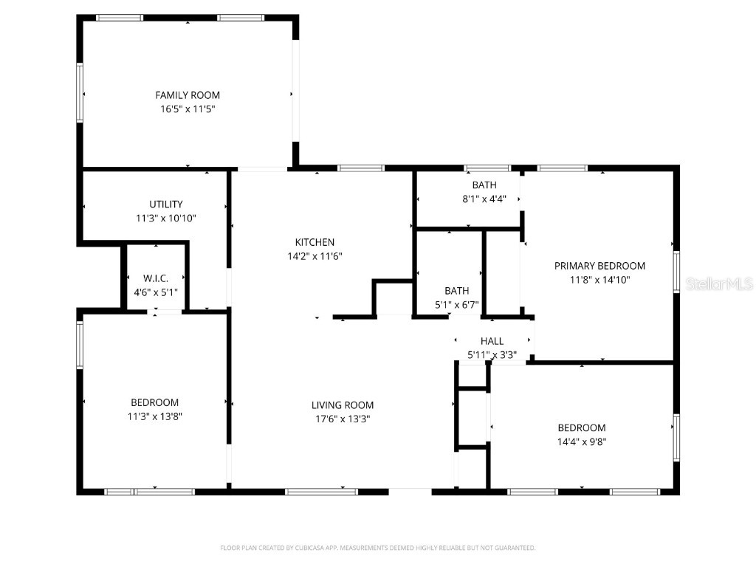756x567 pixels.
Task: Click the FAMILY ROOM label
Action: [x=188, y=95]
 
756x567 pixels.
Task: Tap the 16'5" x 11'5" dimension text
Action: [x=188, y=109]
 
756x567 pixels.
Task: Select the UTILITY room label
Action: [x=165, y=205]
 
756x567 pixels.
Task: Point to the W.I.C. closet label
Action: [x=156, y=278]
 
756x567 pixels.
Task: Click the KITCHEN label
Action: [x=315, y=242]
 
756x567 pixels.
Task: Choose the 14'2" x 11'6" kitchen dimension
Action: [x=315, y=256]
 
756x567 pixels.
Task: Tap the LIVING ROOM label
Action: [x=343, y=405]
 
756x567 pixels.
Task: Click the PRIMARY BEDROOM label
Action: [x=599, y=266]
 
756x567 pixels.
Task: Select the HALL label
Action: [x=492, y=341]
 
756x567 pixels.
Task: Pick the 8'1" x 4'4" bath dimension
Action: [x=484, y=199]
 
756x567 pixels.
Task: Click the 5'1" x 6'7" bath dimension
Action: [x=457, y=304]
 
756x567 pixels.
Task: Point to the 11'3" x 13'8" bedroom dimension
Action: [x=155, y=416]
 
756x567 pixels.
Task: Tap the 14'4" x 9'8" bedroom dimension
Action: [x=582, y=441]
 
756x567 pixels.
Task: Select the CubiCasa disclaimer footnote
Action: [x=378, y=548]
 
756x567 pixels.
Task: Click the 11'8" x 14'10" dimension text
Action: [x=599, y=280]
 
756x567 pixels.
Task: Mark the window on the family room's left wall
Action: [x=80, y=92]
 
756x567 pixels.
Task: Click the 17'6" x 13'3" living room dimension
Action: [x=343, y=419]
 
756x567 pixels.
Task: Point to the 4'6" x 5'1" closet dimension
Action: [x=156, y=292]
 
